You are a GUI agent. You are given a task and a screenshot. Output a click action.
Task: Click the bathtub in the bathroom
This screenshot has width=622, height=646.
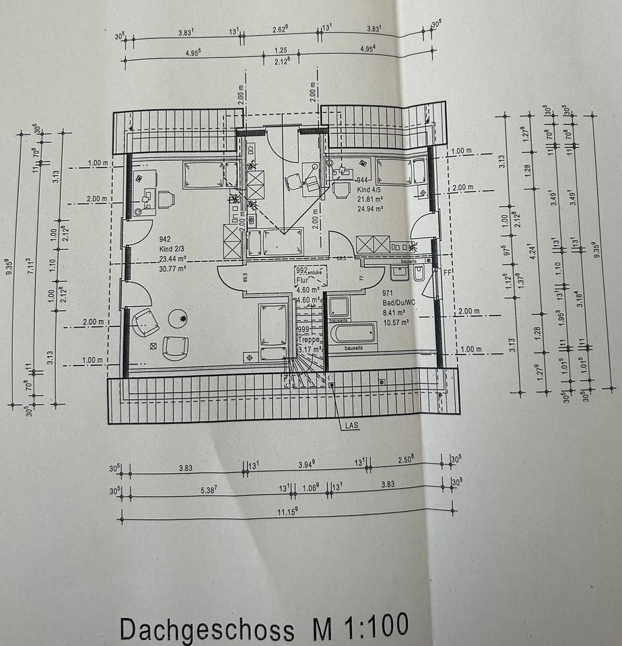click(353, 332)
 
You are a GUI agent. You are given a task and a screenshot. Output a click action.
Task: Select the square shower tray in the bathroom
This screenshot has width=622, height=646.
click(338, 308)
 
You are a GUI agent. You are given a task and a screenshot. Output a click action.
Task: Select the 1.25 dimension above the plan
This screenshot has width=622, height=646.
click(281, 50)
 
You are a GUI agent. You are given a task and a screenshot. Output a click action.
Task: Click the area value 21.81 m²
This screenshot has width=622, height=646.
click(369, 200)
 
